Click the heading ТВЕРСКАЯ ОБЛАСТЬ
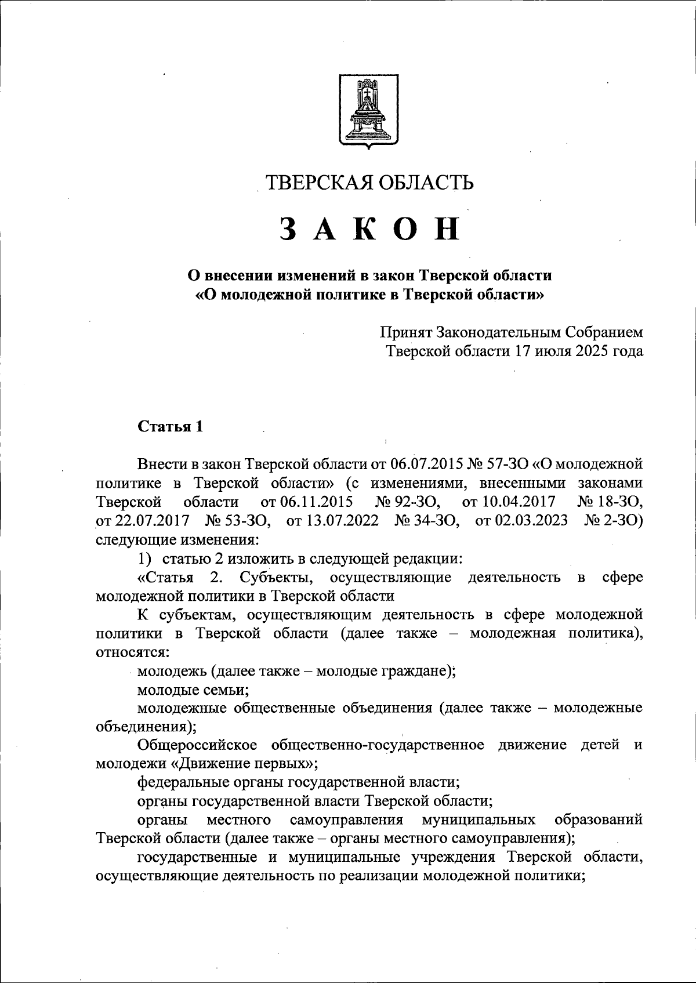tap(369, 182)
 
